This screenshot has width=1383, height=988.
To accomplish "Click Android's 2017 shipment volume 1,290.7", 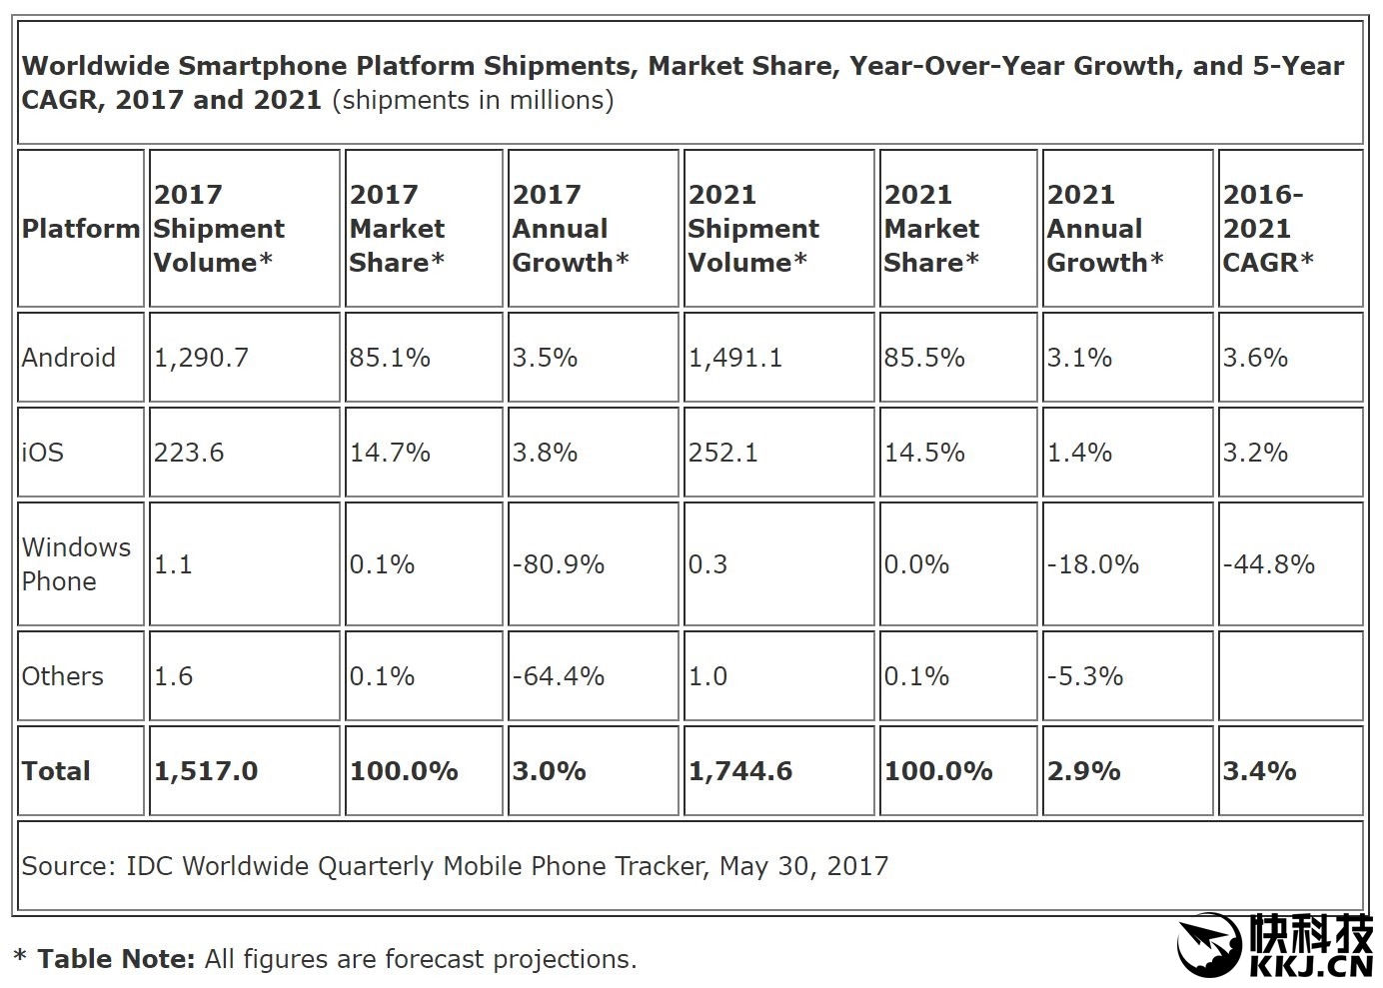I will coord(201,358).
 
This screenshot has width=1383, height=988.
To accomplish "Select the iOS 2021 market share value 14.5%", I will coord(924,453).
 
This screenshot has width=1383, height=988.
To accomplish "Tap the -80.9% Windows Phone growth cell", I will coord(559,564).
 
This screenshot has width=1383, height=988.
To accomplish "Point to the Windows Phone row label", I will coord(76,564).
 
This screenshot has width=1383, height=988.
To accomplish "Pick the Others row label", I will coord(62,676).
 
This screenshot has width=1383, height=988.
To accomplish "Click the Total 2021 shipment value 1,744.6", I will coord(740,771).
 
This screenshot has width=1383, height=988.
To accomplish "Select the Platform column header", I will coord(81,229).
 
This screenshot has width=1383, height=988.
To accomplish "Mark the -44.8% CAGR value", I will coord(1269,564).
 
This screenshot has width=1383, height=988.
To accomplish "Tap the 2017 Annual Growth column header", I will coord(571,229).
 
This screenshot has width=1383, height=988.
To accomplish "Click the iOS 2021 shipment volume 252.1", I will coord(723,453).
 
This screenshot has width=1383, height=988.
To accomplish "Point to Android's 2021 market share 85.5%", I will coord(924,358).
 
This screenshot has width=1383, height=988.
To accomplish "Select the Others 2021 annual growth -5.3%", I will coord(1085,676).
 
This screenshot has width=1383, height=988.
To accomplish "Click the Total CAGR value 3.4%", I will coord(1259,771).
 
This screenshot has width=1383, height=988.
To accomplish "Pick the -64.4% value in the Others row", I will coord(559,676).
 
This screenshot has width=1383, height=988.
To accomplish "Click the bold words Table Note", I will coord(116,960).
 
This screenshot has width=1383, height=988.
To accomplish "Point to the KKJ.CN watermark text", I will coord(1310,966).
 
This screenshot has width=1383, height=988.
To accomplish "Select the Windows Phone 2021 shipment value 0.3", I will coord(708,564).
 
